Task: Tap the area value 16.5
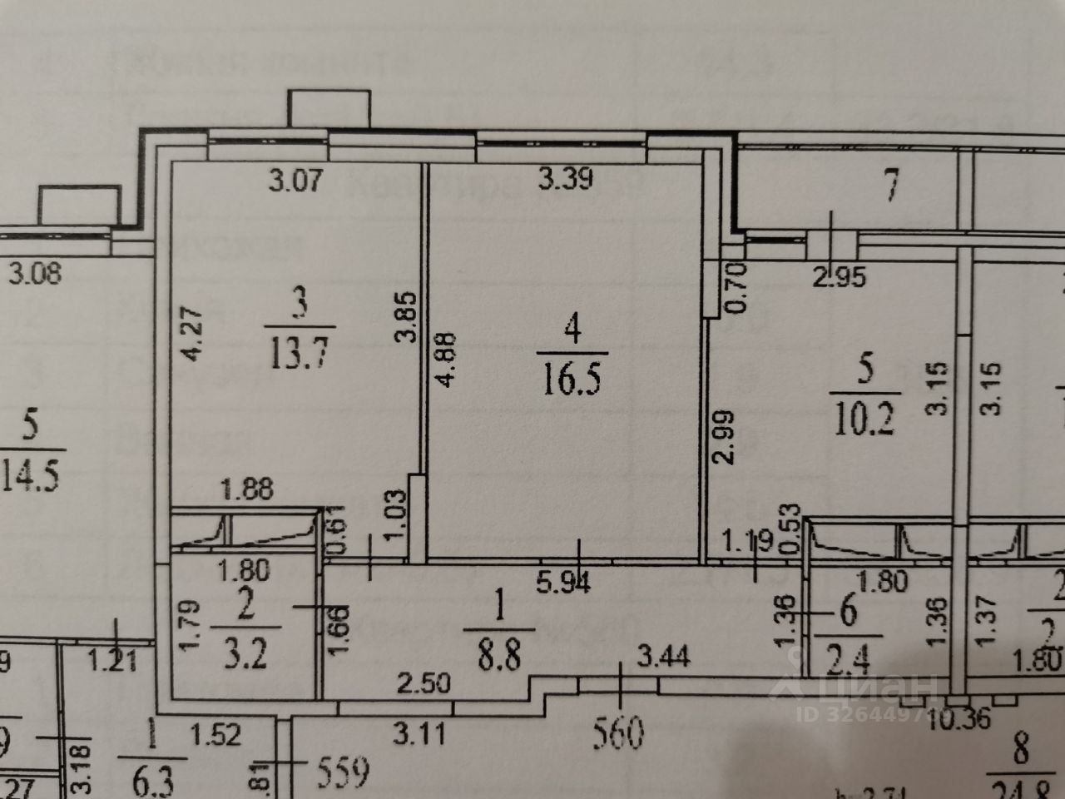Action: [x=571, y=382]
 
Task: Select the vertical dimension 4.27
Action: [x=191, y=334]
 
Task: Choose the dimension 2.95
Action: [x=839, y=276]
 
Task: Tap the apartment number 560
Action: [x=620, y=736]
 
